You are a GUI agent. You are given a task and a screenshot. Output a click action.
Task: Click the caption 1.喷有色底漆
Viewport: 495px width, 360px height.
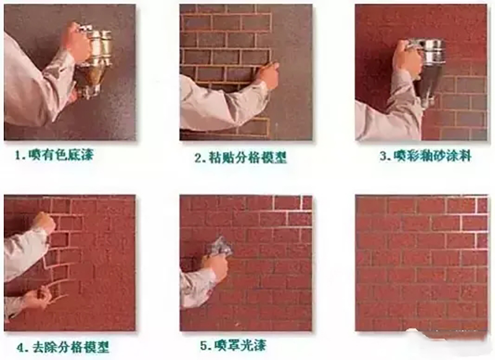tap(54, 155)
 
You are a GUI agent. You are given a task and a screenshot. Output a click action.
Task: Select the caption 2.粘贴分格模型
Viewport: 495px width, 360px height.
tap(240, 157)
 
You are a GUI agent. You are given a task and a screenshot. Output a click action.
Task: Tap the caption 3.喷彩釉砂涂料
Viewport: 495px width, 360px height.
tap(426, 156)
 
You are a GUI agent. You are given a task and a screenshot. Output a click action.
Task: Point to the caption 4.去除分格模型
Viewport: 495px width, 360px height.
tap(63, 347)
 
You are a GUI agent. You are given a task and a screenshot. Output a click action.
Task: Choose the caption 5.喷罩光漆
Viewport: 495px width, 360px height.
tap(233, 346)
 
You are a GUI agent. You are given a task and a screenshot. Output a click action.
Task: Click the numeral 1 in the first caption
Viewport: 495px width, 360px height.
tap(19, 155)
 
